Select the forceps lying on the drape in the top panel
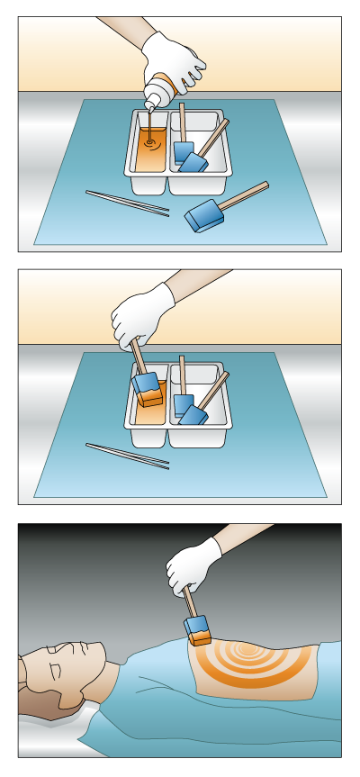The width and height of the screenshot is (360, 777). [127, 202]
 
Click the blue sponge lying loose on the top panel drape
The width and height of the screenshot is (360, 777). [204, 215]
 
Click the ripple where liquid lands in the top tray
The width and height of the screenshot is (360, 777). [150, 143]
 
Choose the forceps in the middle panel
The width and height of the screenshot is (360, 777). [127, 455]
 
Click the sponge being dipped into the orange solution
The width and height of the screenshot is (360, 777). [147, 388]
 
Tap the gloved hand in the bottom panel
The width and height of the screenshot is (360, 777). [193, 564]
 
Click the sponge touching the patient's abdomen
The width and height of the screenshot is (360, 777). [199, 630]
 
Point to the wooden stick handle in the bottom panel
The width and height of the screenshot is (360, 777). [190, 601]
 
